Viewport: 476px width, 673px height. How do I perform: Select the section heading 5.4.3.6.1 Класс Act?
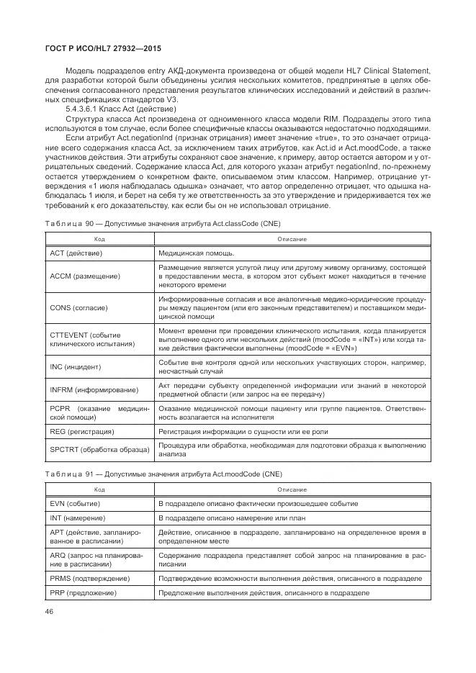click(x=108, y=107)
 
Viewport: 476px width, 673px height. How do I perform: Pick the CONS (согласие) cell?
click(x=78, y=307)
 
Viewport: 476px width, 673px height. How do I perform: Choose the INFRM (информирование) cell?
click(x=93, y=390)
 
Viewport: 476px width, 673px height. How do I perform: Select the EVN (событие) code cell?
click(x=76, y=503)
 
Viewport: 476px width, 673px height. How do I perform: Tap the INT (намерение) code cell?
click(x=79, y=518)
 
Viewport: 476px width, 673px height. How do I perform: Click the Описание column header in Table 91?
click(x=292, y=489)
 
